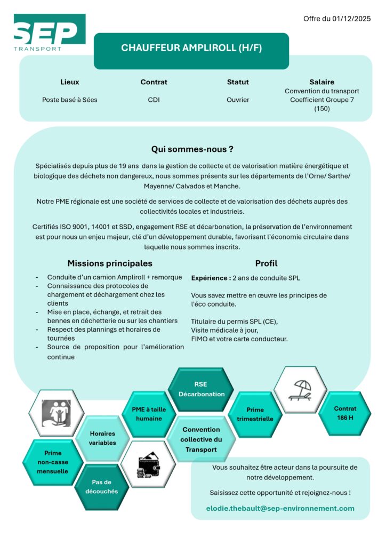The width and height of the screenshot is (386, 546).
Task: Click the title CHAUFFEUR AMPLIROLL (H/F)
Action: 191,48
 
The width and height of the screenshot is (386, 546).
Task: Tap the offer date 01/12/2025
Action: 337,19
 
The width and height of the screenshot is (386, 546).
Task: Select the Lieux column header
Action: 69,82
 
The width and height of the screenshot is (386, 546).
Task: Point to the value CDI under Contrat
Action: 154,100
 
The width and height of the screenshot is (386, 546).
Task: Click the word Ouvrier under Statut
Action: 238,100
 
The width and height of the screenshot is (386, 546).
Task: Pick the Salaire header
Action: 321,82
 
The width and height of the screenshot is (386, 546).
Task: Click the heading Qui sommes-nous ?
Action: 192,149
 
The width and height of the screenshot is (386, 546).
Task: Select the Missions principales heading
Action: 110,263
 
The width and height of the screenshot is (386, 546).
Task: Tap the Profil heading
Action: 266,263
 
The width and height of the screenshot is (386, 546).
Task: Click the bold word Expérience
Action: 211,278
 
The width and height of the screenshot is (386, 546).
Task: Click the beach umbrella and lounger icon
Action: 300,390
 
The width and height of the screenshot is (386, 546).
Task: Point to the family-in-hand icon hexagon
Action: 56,413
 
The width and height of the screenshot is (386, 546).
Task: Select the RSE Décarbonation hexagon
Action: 201,389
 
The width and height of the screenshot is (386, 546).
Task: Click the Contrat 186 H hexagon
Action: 345,413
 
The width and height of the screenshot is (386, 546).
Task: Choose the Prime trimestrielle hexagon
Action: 255,414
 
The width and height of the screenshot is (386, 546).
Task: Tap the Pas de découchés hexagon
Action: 101,486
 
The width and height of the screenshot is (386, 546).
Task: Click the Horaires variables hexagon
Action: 102,438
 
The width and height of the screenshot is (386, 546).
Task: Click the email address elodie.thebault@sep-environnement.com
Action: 280,508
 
